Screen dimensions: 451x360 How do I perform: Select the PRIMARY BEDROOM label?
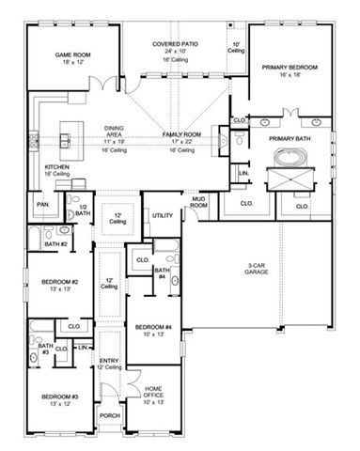point(290,68)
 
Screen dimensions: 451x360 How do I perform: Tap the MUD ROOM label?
point(199,202)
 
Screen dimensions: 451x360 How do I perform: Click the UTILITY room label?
point(163,215)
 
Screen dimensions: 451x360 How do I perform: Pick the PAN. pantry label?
point(43,203)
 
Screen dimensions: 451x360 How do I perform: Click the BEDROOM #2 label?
point(58,281)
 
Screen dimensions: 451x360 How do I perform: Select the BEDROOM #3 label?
point(57,398)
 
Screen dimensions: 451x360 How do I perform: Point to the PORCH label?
point(109,415)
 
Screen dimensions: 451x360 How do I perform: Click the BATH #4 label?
point(162,272)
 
